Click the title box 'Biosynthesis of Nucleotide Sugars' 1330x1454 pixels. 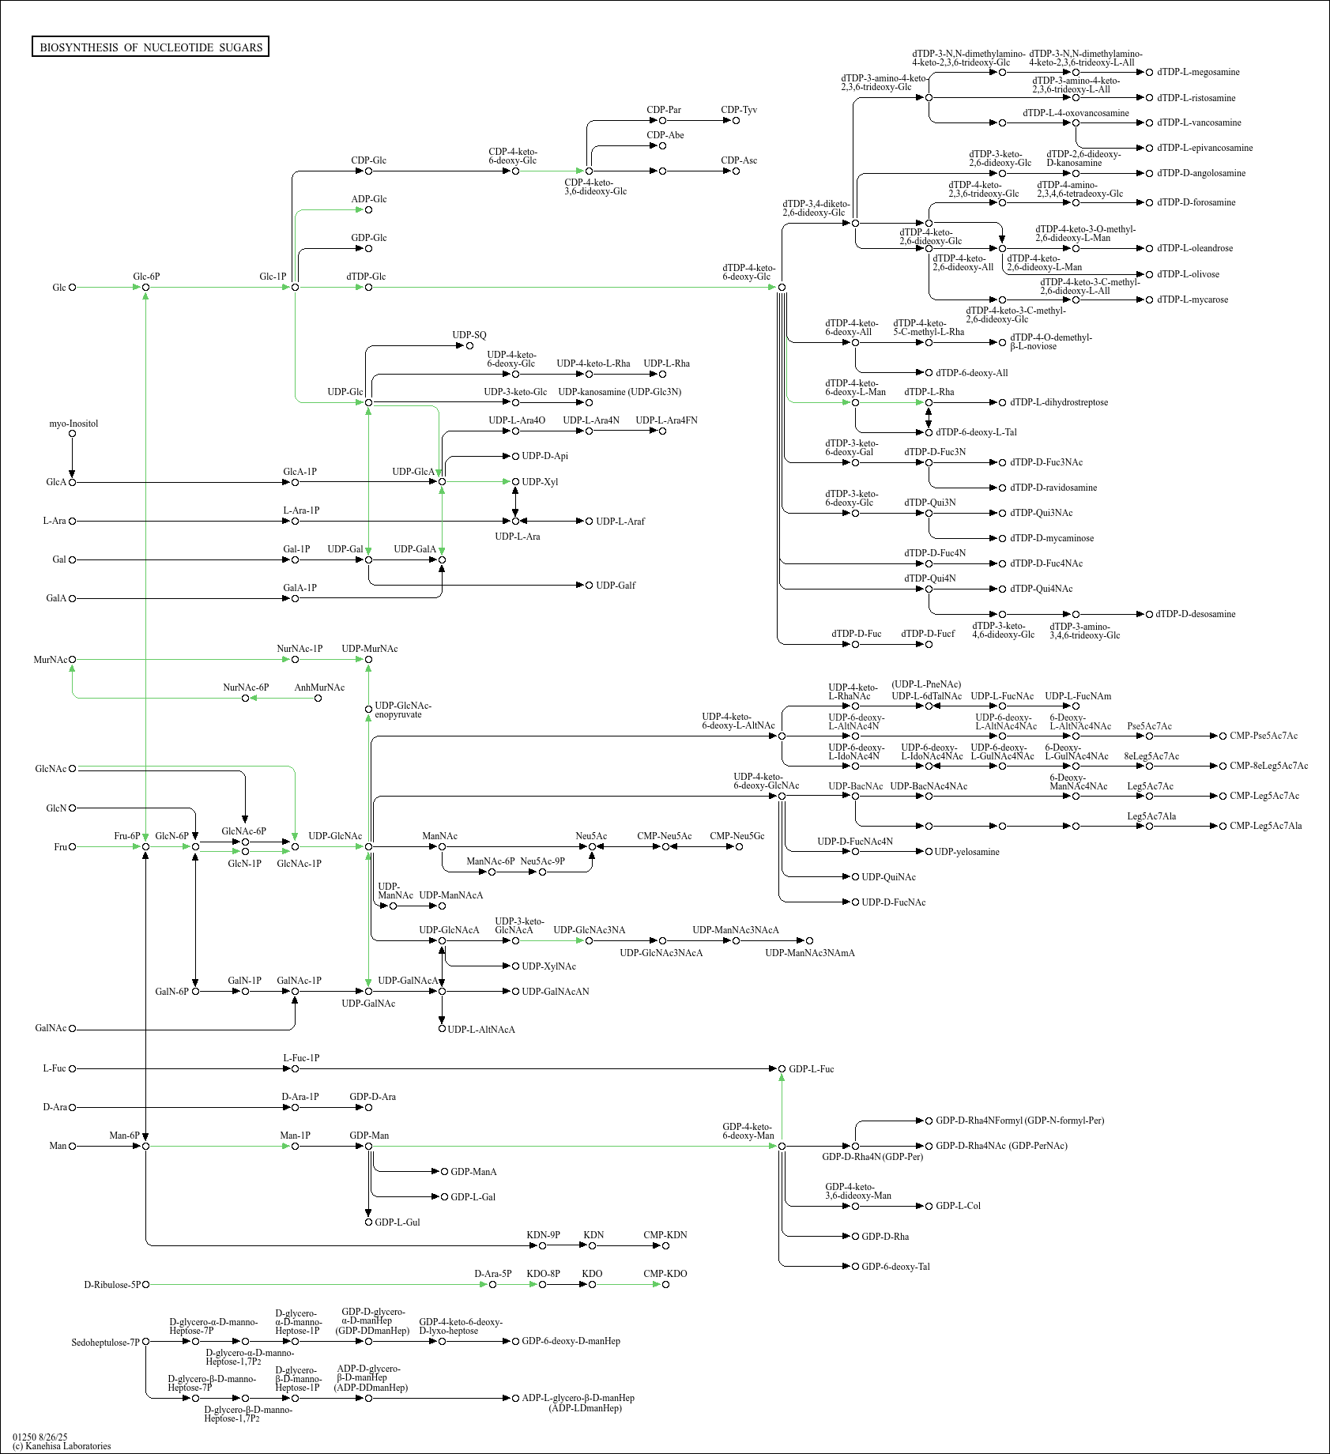[151, 47]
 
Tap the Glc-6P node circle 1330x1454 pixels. [146, 288]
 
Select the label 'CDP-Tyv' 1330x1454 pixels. [739, 110]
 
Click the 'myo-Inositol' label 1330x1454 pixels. [73, 424]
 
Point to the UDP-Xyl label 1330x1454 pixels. [540, 482]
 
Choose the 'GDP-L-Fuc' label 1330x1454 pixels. [811, 1069]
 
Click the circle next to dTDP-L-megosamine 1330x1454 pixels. [1150, 73]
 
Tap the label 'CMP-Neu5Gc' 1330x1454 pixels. [737, 836]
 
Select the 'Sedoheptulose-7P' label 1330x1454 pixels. [105, 1343]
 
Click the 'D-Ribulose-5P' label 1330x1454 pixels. [111, 1285]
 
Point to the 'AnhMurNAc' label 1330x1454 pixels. [319, 687]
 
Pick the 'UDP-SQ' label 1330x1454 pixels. [469, 335]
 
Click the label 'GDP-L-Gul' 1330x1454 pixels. [397, 1222]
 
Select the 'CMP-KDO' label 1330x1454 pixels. [665, 1274]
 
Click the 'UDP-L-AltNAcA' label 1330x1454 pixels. [481, 1030]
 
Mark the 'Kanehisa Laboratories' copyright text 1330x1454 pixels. [62, 1446]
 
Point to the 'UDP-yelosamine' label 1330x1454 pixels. [966, 852]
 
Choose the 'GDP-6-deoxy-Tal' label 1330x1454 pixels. [895, 1267]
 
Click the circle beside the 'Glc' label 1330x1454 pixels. [73, 288]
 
